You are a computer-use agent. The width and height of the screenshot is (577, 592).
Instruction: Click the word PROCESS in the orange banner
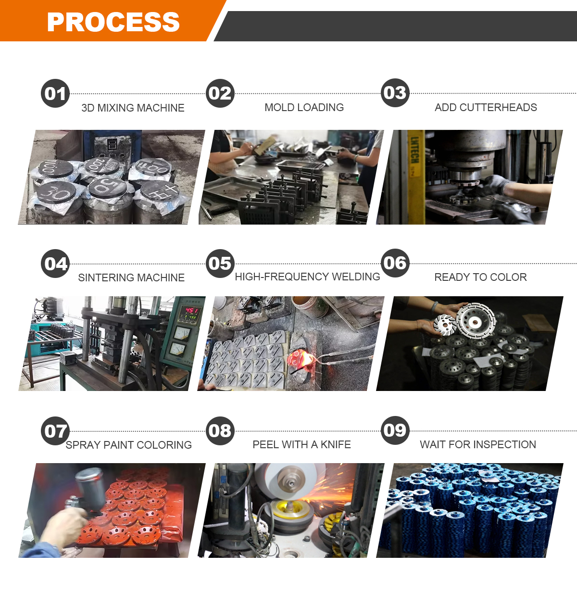pos(113,22)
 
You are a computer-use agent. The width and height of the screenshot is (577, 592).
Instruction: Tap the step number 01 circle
pos(55,93)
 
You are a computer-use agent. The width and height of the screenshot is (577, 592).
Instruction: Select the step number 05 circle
pos(220,263)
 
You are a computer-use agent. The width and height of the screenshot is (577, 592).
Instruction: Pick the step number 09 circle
pos(395,430)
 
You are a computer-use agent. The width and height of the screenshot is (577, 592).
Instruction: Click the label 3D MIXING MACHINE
pos(133,108)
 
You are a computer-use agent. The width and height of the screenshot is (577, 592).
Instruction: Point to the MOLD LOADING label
pos(304,107)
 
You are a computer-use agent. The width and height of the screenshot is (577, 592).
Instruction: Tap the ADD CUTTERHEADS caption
pos(486,107)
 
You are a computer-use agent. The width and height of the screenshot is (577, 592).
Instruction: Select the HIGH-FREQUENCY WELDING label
pos(308,277)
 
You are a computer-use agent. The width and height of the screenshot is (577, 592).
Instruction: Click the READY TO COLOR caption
pos(480,277)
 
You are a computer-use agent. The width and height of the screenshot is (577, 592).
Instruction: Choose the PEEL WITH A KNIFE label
pos(302,444)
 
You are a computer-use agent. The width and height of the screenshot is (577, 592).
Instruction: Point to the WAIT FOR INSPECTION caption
pos(478,444)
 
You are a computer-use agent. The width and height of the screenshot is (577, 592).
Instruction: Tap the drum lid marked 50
pos(107,187)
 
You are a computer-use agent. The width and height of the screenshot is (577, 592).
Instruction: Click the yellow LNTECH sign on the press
pos(415,176)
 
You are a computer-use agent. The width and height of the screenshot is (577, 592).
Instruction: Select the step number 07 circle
pos(55,431)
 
